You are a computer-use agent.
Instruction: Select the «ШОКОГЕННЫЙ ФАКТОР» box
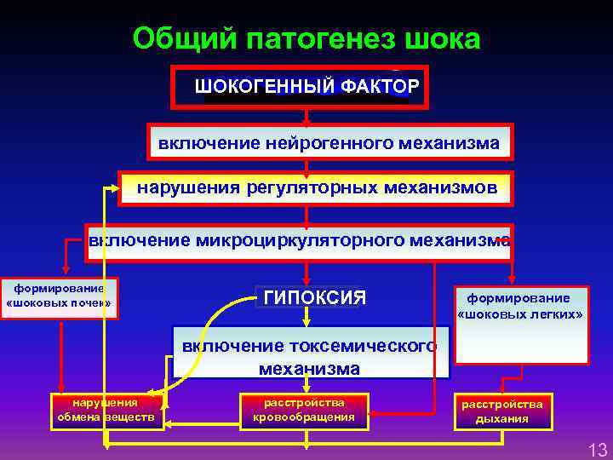pyautogui.click(x=306, y=86)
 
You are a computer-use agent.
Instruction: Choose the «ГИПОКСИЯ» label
pyautogui.click(x=315, y=297)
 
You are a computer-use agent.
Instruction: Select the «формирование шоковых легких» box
pyautogui.click(x=520, y=325)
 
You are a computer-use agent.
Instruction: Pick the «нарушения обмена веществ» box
pyautogui.click(x=106, y=410)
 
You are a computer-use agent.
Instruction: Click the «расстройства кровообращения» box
pyautogui.click(x=304, y=410)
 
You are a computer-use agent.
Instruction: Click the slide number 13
pyautogui.click(x=597, y=449)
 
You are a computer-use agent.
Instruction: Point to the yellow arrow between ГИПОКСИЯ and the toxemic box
pyautogui.click(x=310, y=317)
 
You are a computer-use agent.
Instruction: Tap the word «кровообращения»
pyautogui.click(x=304, y=417)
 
